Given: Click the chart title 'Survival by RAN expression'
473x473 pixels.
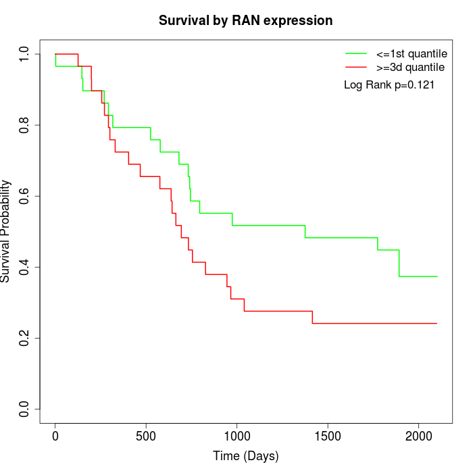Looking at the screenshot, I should [x=245, y=20].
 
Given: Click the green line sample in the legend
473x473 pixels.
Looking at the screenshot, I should [x=356, y=53].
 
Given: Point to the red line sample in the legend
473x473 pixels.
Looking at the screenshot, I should [x=356, y=68].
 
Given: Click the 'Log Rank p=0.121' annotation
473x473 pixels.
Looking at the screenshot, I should [x=389, y=85].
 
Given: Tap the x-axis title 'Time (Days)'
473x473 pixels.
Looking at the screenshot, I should [x=245, y=456].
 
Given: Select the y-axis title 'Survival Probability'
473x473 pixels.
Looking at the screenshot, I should [x=6, y=231].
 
